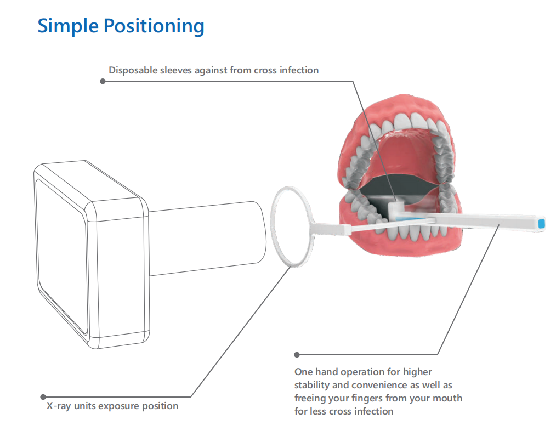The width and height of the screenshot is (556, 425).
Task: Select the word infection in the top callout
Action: click(298, 70)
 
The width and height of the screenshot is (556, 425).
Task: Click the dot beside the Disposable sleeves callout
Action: click(102, 81)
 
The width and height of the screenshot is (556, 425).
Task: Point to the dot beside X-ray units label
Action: click(43, 396)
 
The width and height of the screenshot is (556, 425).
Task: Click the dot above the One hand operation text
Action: click(297, 355)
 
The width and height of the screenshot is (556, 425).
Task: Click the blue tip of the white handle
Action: click(542, 223)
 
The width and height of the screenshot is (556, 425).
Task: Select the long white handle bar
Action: click(483, 222)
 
